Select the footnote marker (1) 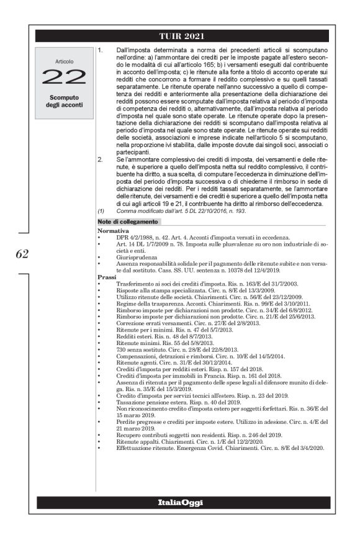[x=101, y=211]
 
